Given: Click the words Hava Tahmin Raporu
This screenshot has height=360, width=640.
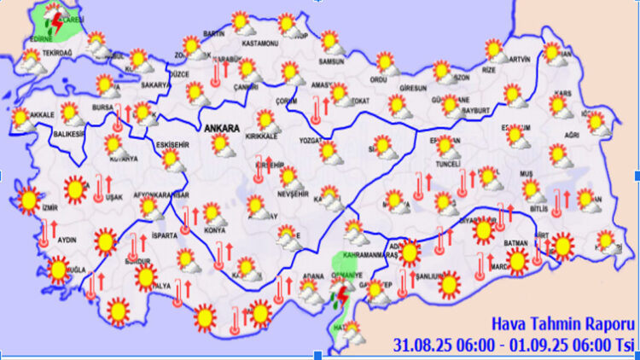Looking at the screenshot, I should coord(561,325).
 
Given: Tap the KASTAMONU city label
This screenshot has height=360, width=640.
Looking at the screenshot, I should coord(260,43).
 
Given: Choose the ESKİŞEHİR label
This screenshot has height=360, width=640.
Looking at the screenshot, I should coord(175,144).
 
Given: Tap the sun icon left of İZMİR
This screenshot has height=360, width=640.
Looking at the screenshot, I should coord(27,200).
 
